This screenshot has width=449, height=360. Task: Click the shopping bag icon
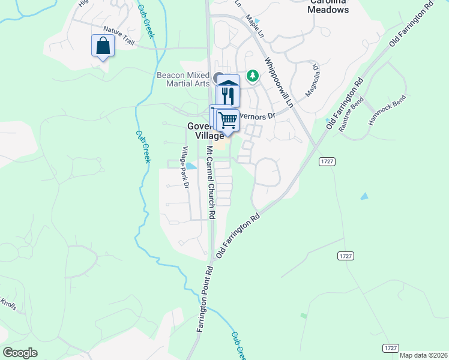[103, 46]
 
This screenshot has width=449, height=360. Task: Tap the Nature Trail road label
[119, 35]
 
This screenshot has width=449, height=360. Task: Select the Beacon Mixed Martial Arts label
[183, 79]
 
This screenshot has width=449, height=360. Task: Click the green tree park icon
[253, 75]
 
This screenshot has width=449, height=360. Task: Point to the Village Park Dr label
[185, 169]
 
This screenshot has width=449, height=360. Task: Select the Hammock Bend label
[387, 110]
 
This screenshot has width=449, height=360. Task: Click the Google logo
[20, 353]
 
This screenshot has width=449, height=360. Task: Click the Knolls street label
[6, 304]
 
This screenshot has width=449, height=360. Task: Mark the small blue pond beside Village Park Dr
[190, 166]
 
